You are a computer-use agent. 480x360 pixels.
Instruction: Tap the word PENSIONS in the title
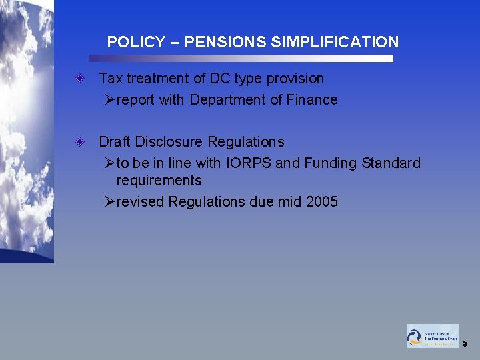(x=225, y=42)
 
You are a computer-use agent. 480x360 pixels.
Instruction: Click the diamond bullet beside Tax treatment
(x=79, y=79)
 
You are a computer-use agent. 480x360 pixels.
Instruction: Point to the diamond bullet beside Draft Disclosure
(x=79, y=142)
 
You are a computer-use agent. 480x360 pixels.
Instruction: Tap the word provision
(x=295, y=79)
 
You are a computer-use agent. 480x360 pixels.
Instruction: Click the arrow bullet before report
(x=110, y=100)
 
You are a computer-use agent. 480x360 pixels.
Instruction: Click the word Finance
(x=314, y=100)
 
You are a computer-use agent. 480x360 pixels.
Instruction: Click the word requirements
(x=159, y=181)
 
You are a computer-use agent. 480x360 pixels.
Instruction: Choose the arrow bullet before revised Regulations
(x=110, y=202)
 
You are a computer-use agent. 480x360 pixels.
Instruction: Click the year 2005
(x=321, y=202)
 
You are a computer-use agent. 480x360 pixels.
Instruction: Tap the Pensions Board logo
(x=433, y=336)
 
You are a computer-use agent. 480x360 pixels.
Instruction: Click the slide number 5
(x=465, y=344)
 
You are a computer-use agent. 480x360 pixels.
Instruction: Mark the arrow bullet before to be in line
(x=110, y=163)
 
